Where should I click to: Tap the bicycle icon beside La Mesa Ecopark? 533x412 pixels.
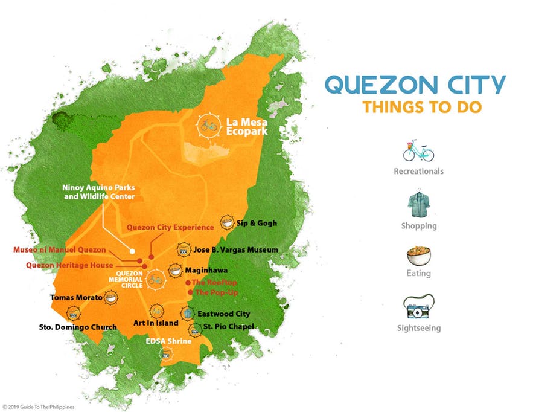[x=209, y=126]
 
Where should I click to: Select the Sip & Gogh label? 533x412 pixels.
[x=257, y=223]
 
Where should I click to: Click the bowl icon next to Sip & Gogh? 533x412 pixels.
[x=227, y=223]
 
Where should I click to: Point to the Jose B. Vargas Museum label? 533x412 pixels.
[x=235, y=249]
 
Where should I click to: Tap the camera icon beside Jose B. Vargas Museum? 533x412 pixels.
[x=183, y=250]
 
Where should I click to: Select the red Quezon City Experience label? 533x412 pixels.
[x=170, y=227]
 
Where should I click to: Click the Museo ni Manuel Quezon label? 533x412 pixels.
[x=60, y=249]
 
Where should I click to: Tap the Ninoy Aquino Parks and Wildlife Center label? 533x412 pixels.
[x=98, y=192]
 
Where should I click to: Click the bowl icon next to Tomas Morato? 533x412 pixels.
[x=110, y=297]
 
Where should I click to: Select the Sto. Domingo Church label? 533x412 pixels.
[x=75, y=327]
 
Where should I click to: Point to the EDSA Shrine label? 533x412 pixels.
[x=168, y=341]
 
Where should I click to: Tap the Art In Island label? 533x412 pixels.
[x=156, y=323]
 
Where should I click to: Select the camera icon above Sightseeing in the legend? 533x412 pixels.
[x=418, y=309]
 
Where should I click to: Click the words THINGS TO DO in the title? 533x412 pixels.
[x=422, y=108]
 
